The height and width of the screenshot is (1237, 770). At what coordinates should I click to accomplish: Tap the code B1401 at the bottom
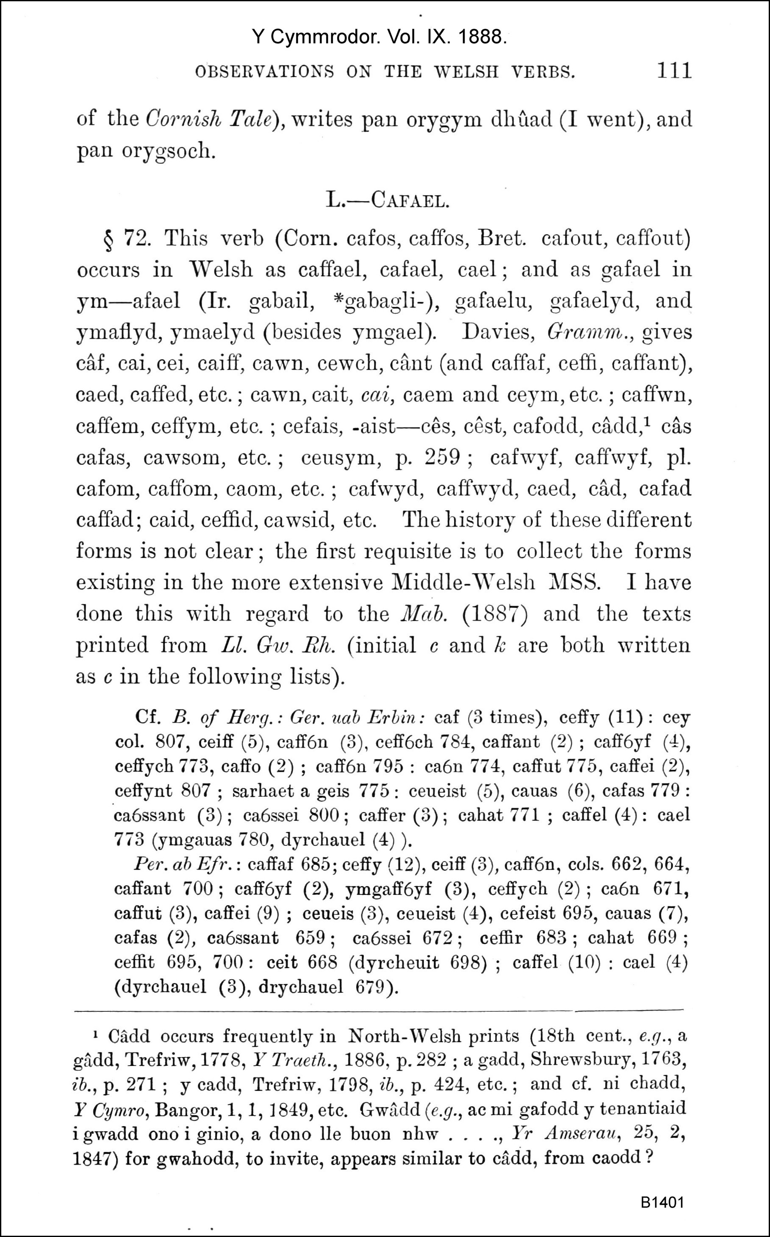662,1202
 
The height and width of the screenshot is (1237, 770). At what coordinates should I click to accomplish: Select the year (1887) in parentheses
495,613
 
